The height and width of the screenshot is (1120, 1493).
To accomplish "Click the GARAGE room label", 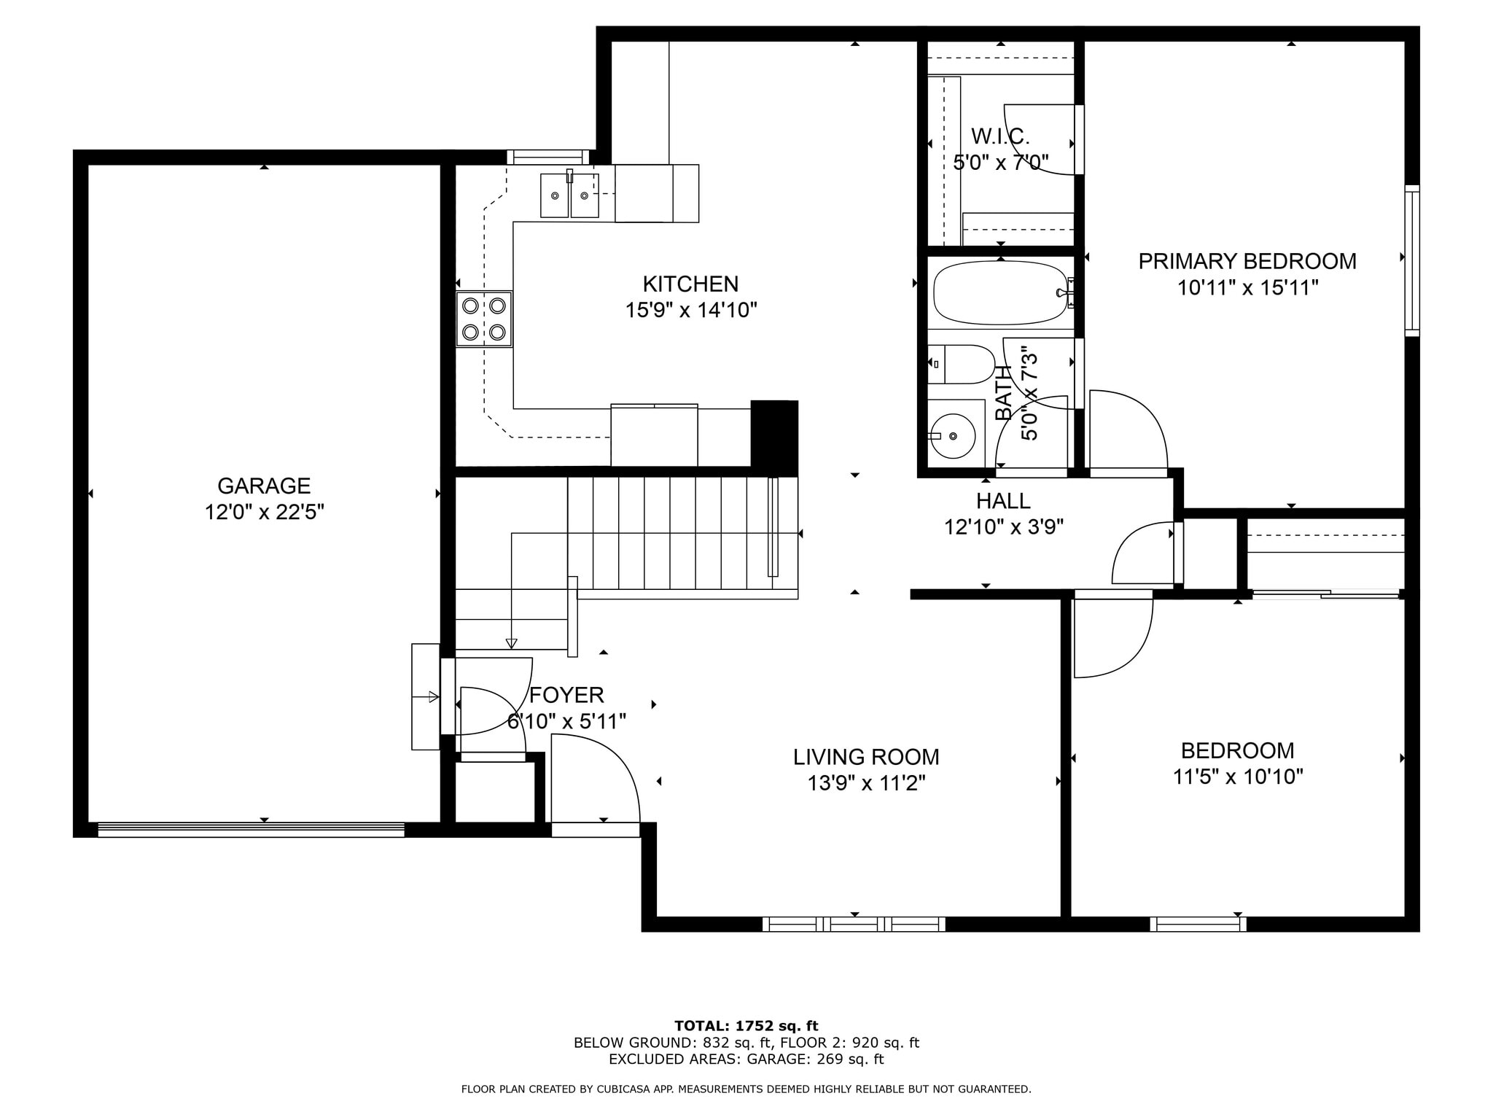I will pos(264,486).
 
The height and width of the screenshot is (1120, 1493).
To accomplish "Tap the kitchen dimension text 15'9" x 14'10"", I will pos(690,311).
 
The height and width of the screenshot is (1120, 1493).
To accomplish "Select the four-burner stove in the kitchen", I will pos(484,319).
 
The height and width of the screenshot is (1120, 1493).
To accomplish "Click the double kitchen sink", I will pos(569,195).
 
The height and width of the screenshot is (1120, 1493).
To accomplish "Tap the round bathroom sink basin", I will pos(954,436).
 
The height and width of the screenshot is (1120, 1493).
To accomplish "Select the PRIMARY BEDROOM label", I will pos(1247,261).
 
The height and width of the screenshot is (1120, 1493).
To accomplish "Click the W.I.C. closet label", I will pos(1000,136).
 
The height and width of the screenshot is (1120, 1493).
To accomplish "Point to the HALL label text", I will pos(1003,501).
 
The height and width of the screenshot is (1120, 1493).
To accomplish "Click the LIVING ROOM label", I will pos(866,757).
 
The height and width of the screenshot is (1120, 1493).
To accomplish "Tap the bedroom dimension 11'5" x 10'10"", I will pos(1237,777).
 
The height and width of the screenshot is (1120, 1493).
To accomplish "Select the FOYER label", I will pos(566,695).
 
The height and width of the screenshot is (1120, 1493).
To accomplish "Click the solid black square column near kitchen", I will pos(774,434).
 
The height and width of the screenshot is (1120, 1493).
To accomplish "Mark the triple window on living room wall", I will pos(854,925).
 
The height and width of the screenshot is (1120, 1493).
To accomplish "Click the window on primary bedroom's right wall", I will pos(1412,260).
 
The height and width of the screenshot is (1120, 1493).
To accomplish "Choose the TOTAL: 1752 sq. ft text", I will pos(746,1027).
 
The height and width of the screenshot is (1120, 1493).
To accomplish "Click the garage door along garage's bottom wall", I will pos(251,830).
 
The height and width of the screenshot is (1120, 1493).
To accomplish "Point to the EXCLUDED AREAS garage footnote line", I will pos(746,1059).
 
